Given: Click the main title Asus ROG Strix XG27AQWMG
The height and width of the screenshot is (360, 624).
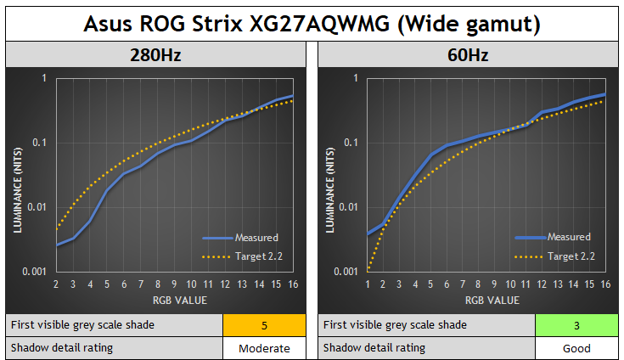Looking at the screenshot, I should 312,23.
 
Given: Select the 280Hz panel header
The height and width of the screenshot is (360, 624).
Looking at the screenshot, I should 155,56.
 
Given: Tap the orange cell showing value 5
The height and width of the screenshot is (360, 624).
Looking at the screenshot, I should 263,325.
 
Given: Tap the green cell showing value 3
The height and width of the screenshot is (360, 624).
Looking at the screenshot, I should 576,325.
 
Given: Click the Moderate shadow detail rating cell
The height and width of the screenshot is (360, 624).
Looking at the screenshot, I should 263,348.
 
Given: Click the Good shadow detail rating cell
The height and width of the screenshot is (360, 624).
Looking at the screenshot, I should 576,348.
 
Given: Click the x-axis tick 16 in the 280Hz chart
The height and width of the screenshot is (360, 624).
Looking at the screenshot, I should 293,285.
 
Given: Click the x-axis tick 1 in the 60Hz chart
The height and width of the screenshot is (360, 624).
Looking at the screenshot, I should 368,285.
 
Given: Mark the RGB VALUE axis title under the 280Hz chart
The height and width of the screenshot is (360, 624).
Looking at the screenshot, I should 174,300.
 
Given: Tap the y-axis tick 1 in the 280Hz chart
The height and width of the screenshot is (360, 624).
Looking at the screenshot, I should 44,78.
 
